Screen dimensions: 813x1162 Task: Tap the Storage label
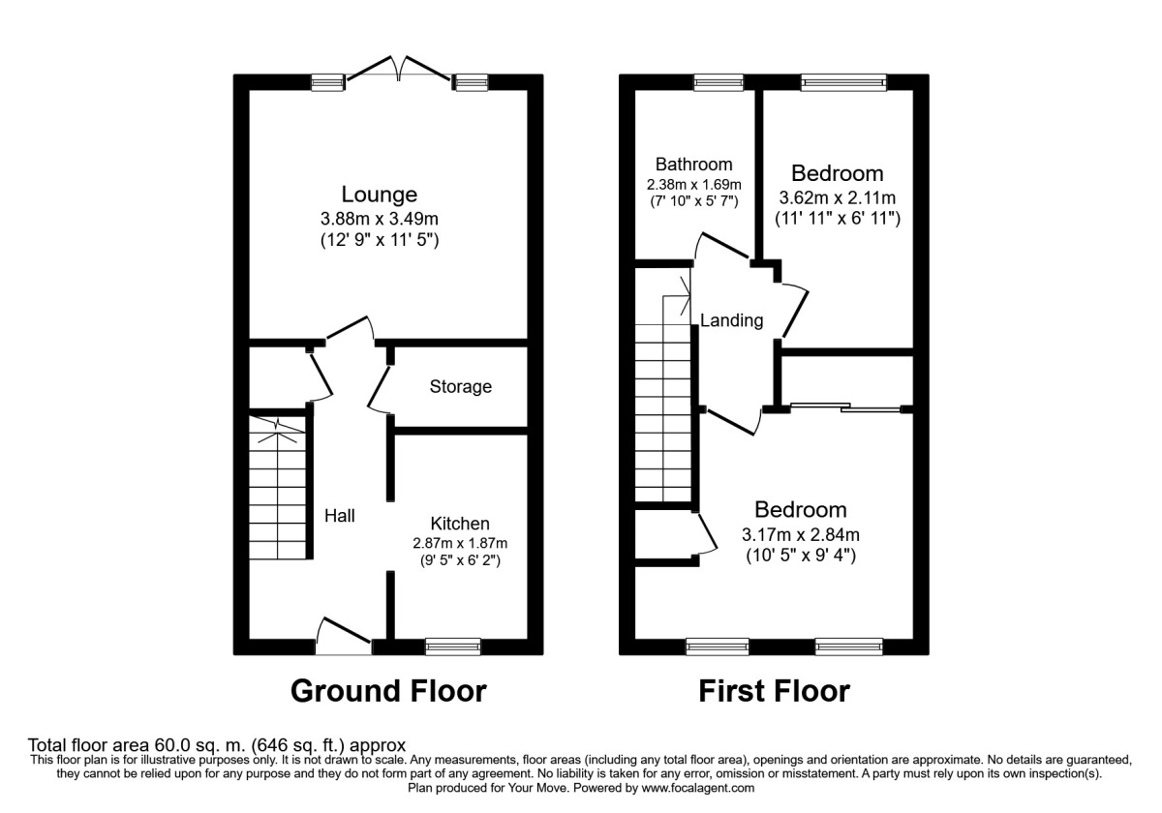tap(461, 387)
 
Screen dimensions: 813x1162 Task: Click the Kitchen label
tap(460, 523)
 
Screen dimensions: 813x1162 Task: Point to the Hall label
tap(339, 516)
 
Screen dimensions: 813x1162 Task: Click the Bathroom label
tap(693, 164)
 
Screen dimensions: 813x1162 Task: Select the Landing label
tap(731, 320)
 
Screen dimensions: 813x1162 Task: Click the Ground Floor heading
tap(388, 691)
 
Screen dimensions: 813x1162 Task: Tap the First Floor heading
tap(774, 691)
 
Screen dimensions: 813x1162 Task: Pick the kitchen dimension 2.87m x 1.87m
tap(460, 543)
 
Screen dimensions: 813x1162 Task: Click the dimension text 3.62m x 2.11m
tap(837, 198)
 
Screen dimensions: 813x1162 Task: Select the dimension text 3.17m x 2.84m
tap(801, 534)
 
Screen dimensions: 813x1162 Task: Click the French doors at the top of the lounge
tap(399, 70)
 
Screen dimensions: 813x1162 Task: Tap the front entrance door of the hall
tap(345, 633)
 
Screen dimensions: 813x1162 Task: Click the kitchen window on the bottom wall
tap(453, 646)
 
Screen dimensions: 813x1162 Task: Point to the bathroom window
tap(719, 83)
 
